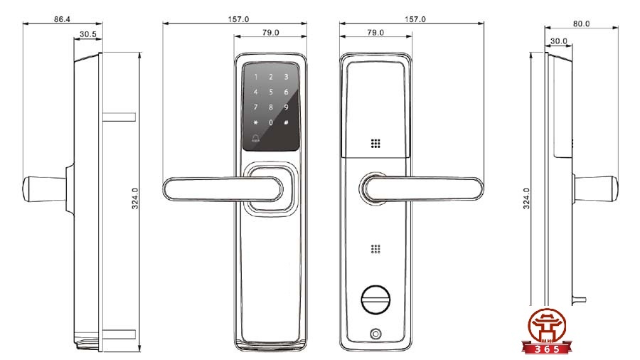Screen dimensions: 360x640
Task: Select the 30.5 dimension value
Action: coord(88,34)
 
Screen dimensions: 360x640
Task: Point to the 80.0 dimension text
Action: coord(581,23)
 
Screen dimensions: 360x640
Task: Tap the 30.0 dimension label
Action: coord(559,41)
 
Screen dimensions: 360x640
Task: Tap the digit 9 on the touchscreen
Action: coord(286,107)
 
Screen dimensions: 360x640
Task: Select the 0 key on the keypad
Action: coord(270,122)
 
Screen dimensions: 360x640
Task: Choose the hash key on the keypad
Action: coord(286,122)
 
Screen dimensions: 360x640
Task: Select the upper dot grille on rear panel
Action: coord(375,142)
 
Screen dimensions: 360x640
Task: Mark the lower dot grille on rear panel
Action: coord(375,250)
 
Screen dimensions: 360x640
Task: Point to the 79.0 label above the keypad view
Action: coord(270,33)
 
